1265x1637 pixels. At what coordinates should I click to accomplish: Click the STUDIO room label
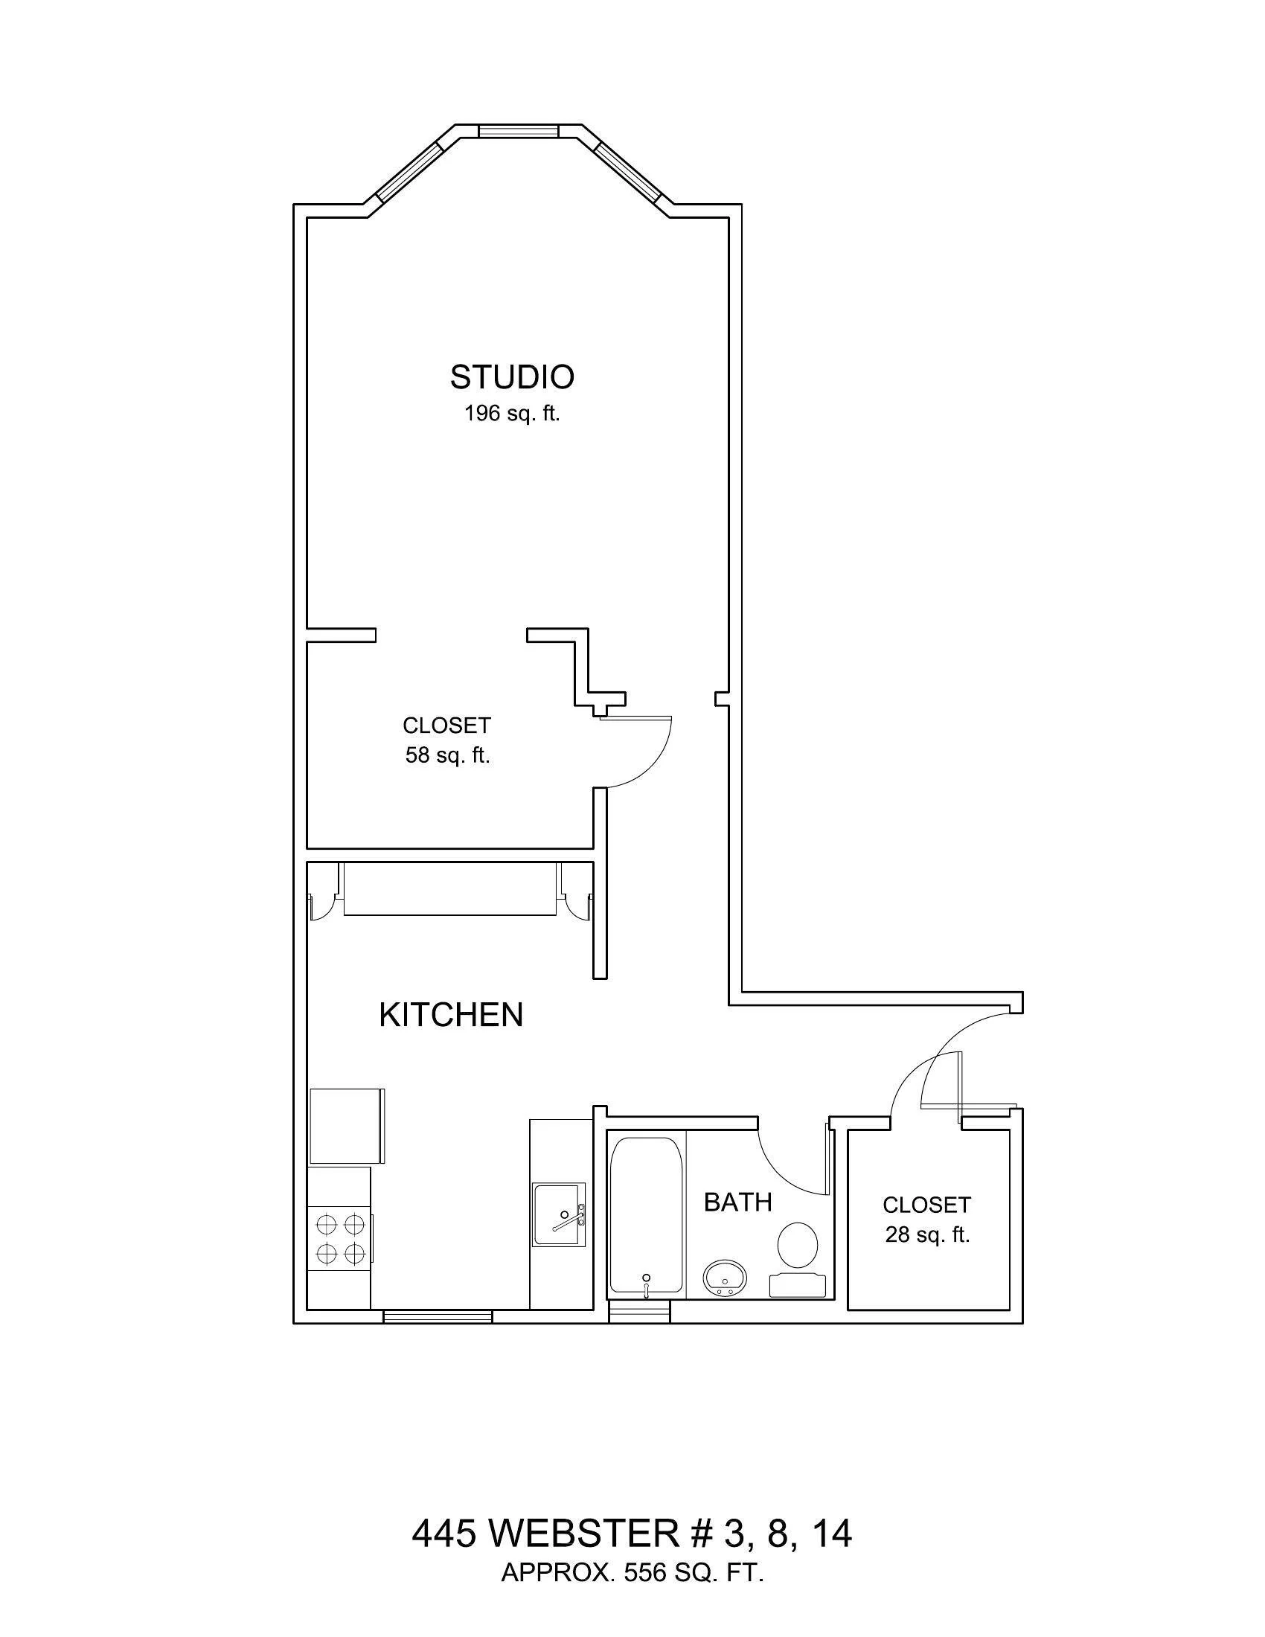pos(512,377)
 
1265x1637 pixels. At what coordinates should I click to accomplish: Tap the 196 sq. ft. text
pos(512,413)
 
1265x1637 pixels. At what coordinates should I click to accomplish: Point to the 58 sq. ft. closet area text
pos(447,755)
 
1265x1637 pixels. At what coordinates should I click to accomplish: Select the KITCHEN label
pos(450,1015)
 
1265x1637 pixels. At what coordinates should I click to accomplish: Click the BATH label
pos(737,1202)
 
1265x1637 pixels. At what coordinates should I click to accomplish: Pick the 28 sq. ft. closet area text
pos(927,1234)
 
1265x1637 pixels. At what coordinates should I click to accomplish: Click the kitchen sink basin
pos(558,1214)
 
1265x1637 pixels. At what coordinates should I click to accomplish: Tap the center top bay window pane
pos(518,131)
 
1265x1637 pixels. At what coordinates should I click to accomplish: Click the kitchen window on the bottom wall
pos(438,1316)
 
